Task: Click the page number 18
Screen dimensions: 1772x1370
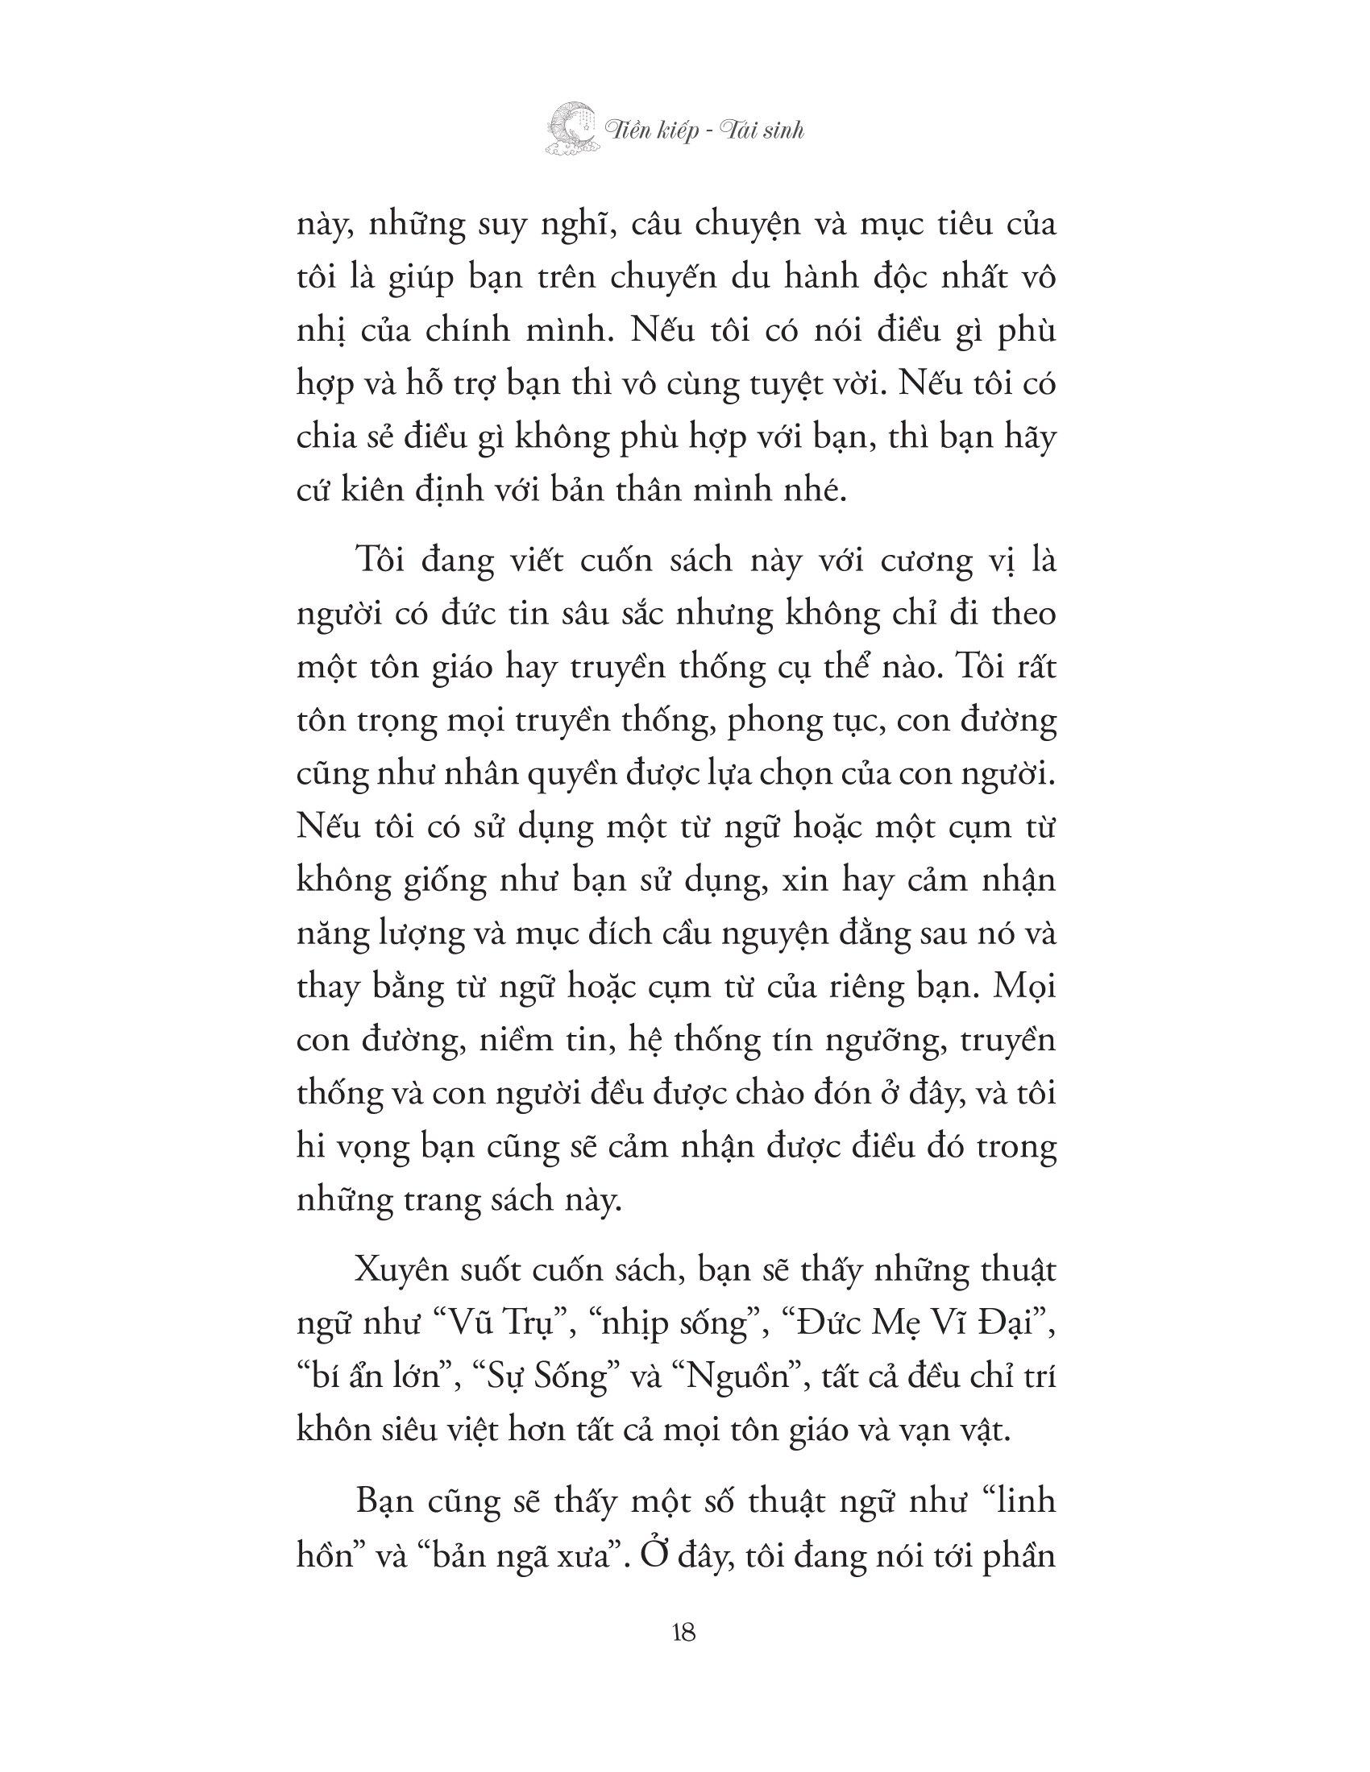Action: pyautogui.click(x=683, y=1633)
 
